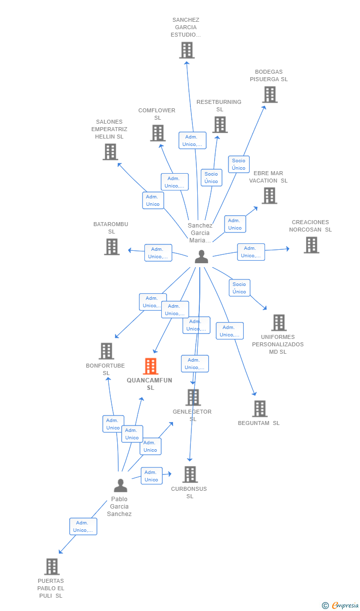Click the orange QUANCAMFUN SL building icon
coord(150,366)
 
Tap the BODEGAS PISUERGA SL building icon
coord(270,94)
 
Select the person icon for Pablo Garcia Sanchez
coord(121,485)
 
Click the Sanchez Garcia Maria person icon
coord(202,257)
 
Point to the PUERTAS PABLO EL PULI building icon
coord(52,567)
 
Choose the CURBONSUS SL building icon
coord(190,474)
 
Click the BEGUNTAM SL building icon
coord(260,409)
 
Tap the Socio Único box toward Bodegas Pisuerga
coord(239,164)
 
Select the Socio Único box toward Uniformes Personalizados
coord(239,288)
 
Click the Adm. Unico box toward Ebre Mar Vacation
coord(235,224)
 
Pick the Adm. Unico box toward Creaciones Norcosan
coord(251,252)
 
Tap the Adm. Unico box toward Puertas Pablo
coord(83,526)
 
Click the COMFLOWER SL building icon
coord(158,133)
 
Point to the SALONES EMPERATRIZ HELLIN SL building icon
coord(110,152)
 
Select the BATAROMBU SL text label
coord(111,228)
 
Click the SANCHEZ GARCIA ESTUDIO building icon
coord(187,50)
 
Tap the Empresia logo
coord(341,605)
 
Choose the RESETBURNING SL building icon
coord(220,125)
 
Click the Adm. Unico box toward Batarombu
coord(158,253)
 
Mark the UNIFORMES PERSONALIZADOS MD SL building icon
coord(279,323)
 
